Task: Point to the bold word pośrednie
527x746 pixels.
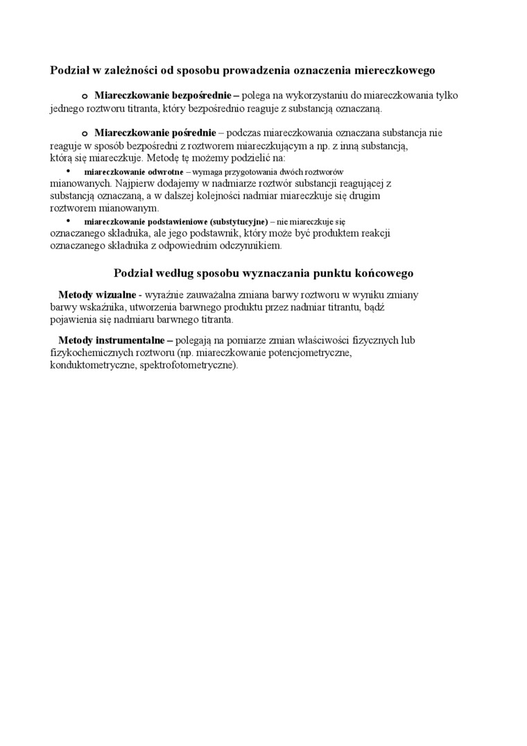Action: [x=187, y=133]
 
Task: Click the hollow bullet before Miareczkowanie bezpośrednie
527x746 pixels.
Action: [x=84, y=95]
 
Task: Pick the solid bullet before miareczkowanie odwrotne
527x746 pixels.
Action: [x=68, y=171]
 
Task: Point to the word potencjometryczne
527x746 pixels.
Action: [x=309, y=353]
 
